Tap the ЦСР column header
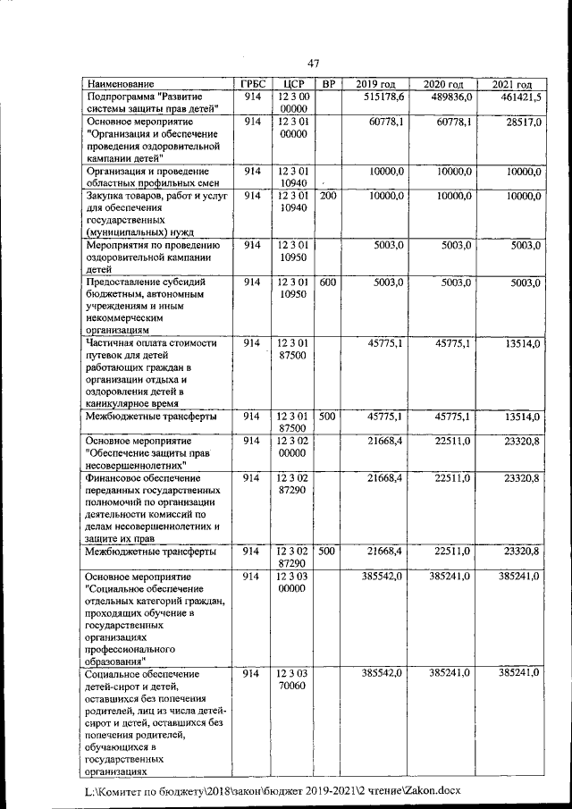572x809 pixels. tap(292, 84)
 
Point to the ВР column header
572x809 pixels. tap(328, 84)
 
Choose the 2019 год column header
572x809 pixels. tap(374, 84)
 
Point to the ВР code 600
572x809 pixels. tap(328, 282)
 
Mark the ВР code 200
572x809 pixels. tap(328, 195)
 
